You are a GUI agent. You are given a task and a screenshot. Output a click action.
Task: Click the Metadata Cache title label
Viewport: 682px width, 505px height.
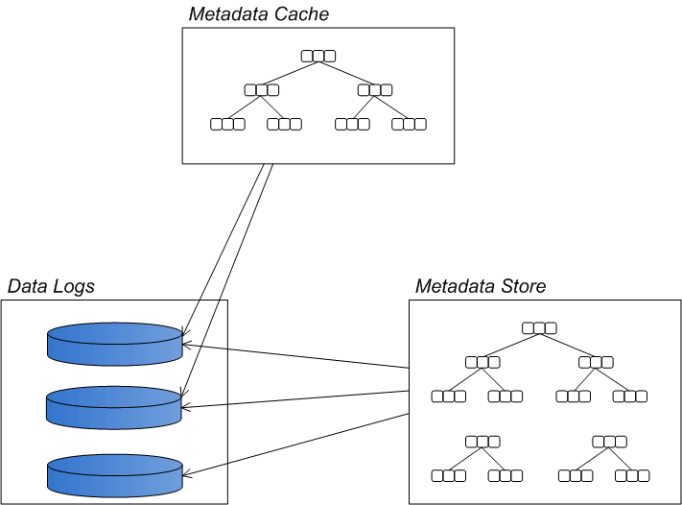(259, 13)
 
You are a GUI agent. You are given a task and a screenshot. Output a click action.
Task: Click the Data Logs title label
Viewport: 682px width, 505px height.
(51, 286)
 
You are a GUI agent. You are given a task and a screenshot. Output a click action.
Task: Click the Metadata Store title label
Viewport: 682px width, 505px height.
(481, 286)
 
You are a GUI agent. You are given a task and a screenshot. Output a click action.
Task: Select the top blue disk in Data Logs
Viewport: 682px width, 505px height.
(115, 345)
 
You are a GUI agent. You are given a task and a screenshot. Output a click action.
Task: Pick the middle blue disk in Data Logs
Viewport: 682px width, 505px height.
(115, 407)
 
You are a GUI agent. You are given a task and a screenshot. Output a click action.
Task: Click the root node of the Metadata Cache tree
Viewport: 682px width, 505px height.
(318, 56)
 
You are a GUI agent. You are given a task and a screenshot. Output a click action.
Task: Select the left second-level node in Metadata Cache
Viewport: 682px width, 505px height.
(262, 90)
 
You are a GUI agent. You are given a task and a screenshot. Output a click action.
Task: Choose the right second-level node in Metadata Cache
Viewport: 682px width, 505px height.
(375, 90)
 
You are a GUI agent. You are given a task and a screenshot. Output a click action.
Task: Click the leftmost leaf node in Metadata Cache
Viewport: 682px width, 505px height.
(227, 124)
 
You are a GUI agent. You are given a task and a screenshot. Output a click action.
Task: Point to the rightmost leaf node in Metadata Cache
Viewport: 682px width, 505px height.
(410, 124)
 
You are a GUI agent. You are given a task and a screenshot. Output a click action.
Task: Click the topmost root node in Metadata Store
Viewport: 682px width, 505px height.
(540, 328)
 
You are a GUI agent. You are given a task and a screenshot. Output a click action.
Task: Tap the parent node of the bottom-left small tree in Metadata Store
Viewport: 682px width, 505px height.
(482, 442)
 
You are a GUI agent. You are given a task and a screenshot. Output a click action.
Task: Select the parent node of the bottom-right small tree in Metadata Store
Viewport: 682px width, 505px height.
(610, 442)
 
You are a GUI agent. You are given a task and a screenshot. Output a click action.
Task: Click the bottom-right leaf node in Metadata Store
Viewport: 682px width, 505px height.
(633, 475)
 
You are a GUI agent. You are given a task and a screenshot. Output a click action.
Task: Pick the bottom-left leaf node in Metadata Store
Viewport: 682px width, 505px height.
(449, 475)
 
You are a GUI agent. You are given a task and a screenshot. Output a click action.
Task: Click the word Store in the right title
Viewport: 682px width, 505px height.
(524, 286)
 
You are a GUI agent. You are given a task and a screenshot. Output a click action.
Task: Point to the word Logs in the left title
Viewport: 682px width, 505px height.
(74, 286)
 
